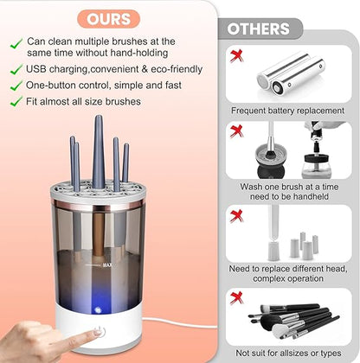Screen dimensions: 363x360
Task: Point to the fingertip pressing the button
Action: click(x=62, y=333)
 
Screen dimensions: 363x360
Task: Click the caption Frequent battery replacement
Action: click(x=288, y=111)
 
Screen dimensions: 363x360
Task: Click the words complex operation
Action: click(x=288, y=279)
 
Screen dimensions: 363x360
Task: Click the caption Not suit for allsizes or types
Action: click(x=288, y=353)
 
